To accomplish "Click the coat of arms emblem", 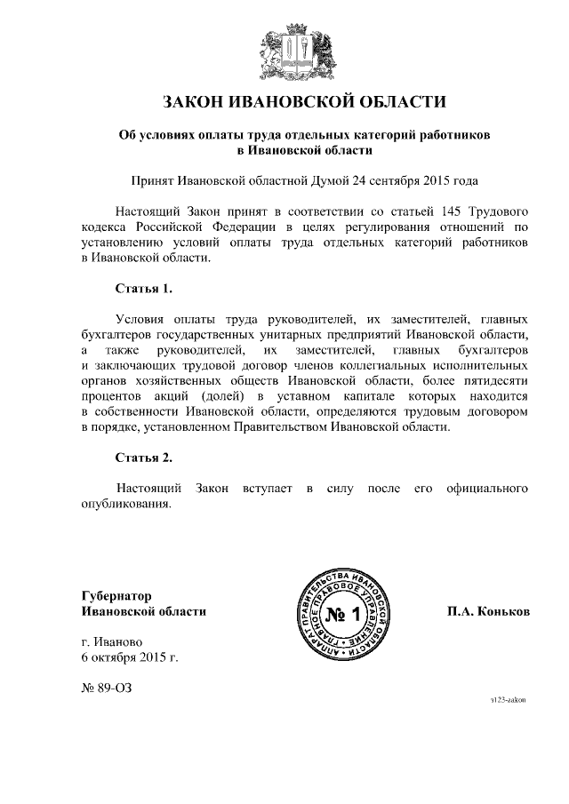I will coord(284,52).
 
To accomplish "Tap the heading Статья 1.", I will coord(143,289).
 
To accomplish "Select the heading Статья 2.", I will coord(143,458).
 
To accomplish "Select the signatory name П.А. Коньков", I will coord(489,612).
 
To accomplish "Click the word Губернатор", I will coord(116,595).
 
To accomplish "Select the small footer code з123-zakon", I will coord(509,700).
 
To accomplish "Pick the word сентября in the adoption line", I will coord(392,180).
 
